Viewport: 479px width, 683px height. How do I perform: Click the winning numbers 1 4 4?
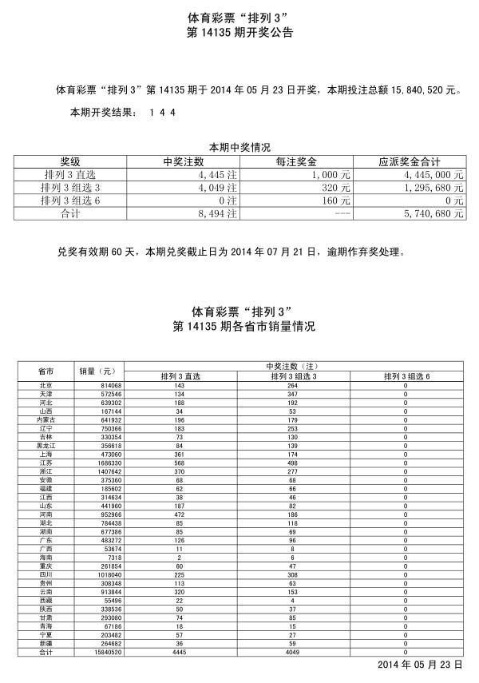pos(162,113)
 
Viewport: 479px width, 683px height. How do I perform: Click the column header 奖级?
pos(71,161)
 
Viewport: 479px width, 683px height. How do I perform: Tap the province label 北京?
pos(46,386)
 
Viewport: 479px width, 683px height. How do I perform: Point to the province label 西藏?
pos(46,600)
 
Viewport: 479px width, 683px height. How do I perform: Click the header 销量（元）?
pos(97,371)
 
